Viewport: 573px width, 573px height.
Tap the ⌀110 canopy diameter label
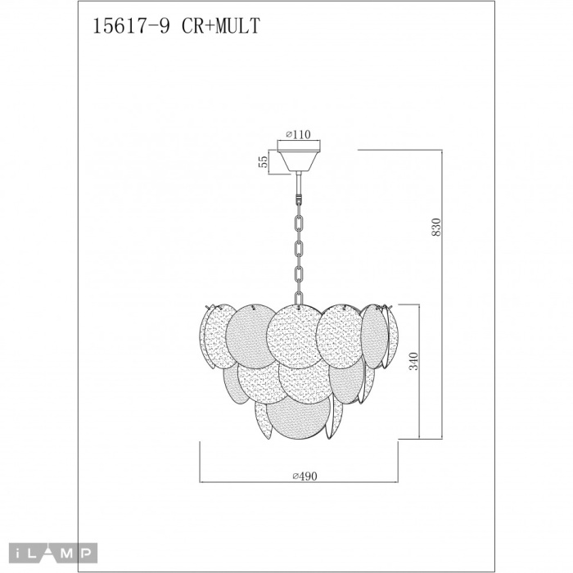298,135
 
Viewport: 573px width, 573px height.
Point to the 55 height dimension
264,160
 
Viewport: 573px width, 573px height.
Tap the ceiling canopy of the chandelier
300,156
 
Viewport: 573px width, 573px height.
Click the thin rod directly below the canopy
300,183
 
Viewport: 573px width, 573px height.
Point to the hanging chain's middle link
300,246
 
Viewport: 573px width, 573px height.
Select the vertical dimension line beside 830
442,295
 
